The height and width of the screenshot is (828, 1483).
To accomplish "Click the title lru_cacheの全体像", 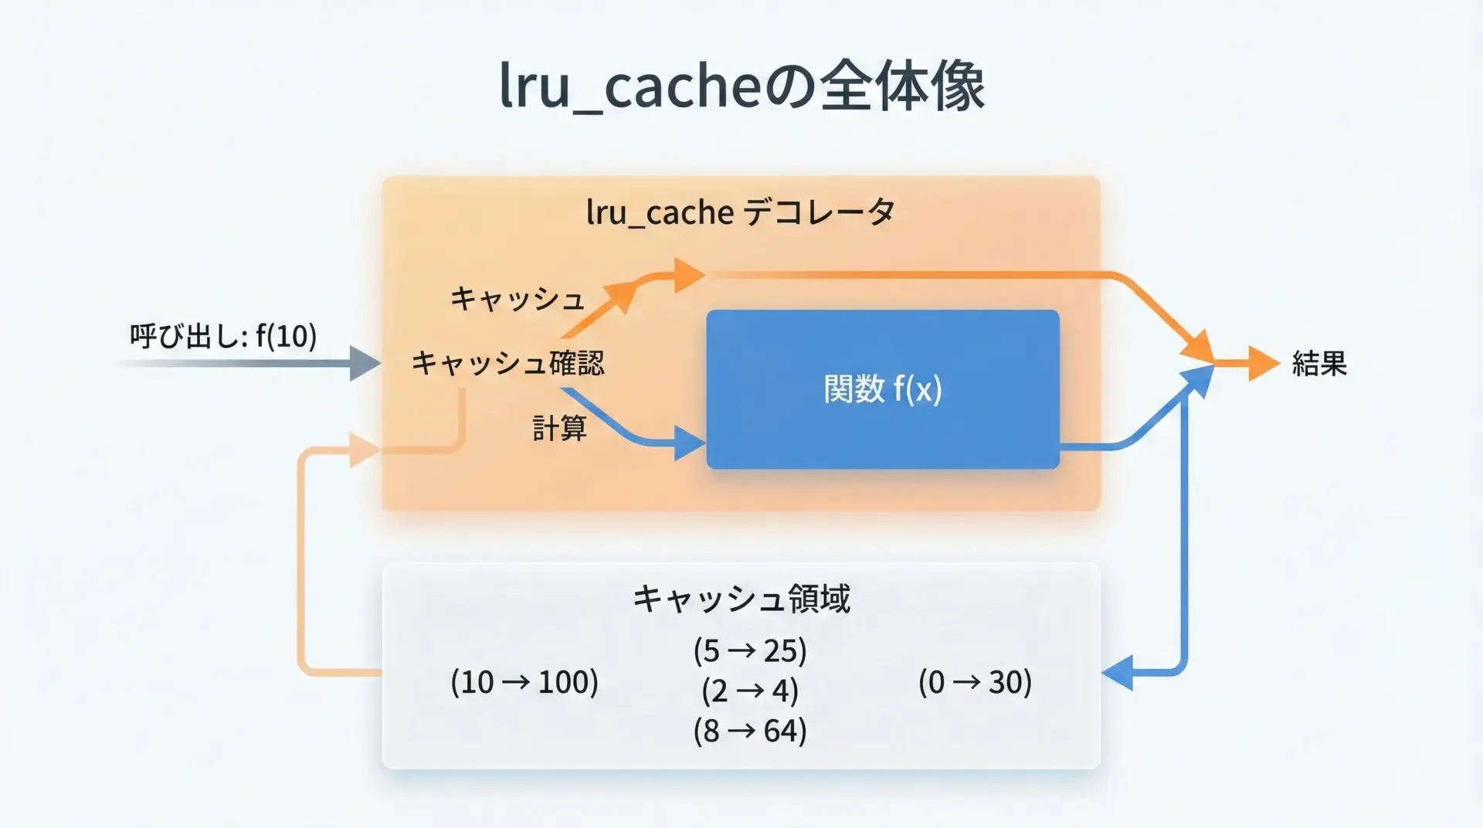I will click(x=741, y=86).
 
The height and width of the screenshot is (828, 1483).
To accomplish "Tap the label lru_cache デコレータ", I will click(x=740, y=212).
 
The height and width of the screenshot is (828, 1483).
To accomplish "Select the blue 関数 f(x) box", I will click(x=882, y=389).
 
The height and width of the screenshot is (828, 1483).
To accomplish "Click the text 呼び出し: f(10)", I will click(x=223, y=336).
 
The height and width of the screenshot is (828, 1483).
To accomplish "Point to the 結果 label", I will click(x=1318, y=363).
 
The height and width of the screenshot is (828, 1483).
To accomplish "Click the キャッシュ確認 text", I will click(x=507, y=363).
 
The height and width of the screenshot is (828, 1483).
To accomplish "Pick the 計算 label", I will click(x=559, y=427).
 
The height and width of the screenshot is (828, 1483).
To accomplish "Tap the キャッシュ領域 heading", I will click(x=741, y=599).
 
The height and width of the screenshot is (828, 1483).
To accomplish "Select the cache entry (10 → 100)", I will click(x=524, y=682).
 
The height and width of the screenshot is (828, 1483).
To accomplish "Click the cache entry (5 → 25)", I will click(x=749, y=650).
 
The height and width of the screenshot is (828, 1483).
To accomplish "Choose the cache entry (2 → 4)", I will click(x=749, y=691).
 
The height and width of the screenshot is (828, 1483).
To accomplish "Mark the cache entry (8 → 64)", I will click(x=749, y=731).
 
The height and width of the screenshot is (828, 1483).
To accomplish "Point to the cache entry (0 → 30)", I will click(x=975, y=682).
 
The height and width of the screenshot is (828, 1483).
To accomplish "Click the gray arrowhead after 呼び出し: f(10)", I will click(x=364, y=363).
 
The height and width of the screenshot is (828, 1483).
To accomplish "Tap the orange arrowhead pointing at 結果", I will click(x=1263, y=363).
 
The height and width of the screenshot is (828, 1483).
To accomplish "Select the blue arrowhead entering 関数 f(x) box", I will click(x=689, y=444).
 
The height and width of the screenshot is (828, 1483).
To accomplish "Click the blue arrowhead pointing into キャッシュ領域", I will click(x=1118, y=672).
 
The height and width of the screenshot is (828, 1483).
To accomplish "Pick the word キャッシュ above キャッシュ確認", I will click(x=517, y=299).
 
